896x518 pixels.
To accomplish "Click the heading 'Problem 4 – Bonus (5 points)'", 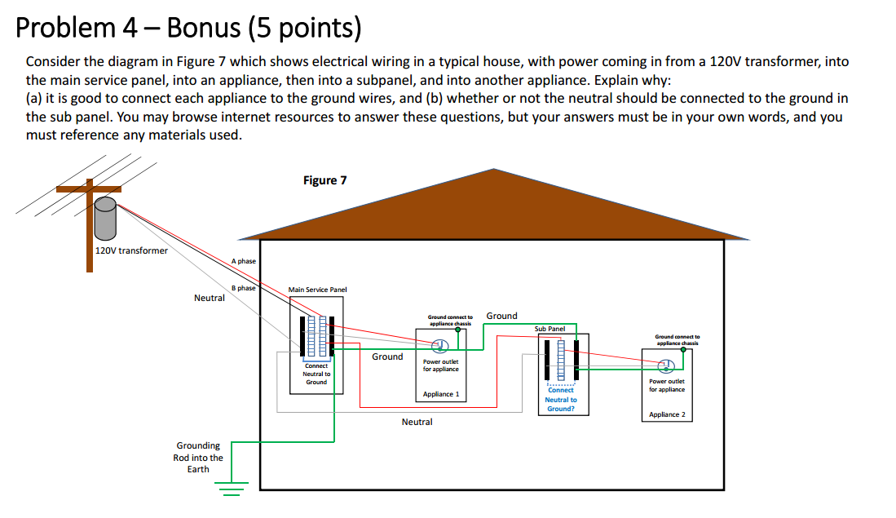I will coord(188,29).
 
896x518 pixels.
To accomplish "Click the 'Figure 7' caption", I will coord(324,180).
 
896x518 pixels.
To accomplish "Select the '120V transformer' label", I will coord(131,250).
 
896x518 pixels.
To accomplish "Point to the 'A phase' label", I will coord(243,261).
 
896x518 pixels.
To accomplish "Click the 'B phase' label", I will coord(243,288).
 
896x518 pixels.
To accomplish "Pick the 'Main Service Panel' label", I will coord(317,290).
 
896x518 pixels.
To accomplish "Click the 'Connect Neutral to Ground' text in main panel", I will coord(316,374).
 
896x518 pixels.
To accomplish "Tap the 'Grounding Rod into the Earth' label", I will coord(198,457).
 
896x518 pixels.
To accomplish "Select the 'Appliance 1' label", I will coord(441,394).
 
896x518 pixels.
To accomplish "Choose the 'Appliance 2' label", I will coord(667,414).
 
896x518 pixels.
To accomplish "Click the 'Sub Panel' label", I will coord(550,329).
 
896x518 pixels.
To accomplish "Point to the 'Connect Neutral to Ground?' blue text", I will coord(561,399).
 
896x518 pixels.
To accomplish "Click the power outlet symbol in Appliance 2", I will coord(665,365).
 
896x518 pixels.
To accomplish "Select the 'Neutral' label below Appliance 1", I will coord(417,422).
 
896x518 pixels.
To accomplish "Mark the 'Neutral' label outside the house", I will coord(210,298).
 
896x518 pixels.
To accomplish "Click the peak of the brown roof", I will coord(493,170).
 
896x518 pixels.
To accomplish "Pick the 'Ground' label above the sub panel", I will coord(501,316).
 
